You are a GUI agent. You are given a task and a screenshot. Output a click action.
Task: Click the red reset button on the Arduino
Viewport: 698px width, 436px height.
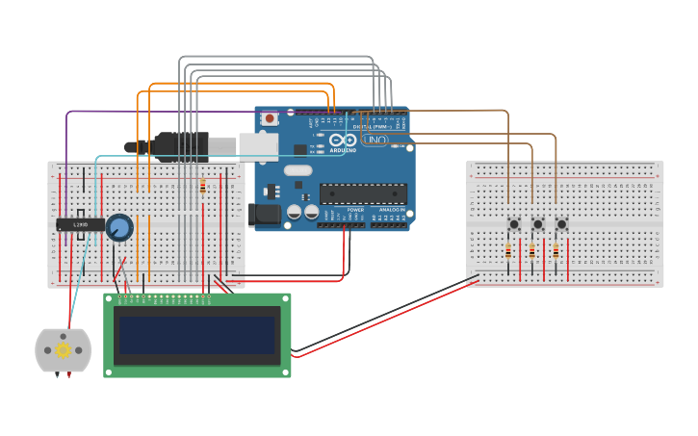[270, 118]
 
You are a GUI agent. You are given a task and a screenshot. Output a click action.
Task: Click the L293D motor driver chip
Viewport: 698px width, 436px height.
[81, 224]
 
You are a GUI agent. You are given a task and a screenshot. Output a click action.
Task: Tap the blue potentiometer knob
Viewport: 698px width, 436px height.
[118, 227]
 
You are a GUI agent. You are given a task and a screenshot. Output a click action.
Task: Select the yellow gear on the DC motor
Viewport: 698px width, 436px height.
[64, 350]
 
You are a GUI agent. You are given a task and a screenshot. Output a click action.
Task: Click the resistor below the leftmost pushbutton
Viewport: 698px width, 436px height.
[508, 252]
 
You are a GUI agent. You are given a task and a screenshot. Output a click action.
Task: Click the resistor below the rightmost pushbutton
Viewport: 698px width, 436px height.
[556, 252]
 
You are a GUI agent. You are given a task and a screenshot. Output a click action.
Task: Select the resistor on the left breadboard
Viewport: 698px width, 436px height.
[202, 187]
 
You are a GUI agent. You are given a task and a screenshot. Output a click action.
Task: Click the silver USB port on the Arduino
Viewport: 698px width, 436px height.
[258, 145]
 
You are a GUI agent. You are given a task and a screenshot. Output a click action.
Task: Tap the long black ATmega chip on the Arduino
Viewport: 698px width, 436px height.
[363, 193]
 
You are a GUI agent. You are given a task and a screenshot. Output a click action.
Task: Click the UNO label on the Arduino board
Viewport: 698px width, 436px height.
[374, 141]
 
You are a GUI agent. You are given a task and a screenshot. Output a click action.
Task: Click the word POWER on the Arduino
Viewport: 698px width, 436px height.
[355, 209]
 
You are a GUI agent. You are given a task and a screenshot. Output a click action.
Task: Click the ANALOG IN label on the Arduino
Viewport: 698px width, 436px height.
[392, 209]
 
